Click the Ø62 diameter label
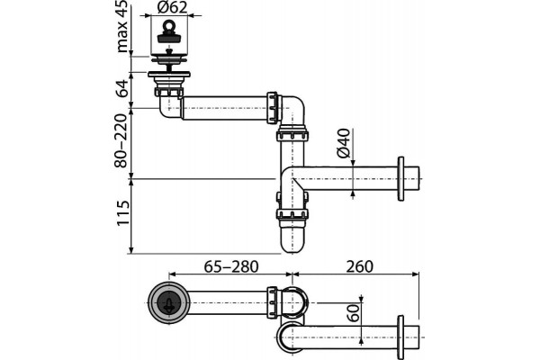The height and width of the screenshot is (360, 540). pyautogui.click(x=172, y=7)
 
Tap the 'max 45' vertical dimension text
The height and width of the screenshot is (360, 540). pyautogui.click(x=121, y=26)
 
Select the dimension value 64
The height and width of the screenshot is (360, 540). pyautogui.click(x=121, y=88)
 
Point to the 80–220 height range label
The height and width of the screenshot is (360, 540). pyautogui.click(x=121, y=141)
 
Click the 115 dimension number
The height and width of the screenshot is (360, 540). pyautogui.click(x=122, y=213)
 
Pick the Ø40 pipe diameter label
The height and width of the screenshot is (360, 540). pyautogui.click(x=344, y=143)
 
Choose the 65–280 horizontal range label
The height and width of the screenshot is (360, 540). pyautogui.click(x=231, y=266)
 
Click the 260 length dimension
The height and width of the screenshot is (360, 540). pyautogui.click(x=359, y=266)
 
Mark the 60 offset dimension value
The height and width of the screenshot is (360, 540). pyautogui.click(x=354, y=312)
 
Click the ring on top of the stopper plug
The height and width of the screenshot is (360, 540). pyautogui.click(x=168, y=25)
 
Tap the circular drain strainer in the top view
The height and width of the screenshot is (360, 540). pyautogui.click(x=169, y=302)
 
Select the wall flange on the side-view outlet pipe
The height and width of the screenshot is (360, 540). pyautogui.click(x=400, y=179)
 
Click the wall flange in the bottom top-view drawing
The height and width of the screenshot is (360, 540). pyautogui.click(x=400, y=337)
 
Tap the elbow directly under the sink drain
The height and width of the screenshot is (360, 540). pyautogui.click(x=170, y=107)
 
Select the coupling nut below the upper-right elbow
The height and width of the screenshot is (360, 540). pyautogui.click(x=292, y=133)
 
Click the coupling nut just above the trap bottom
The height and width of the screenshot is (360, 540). pyautogui.click(x=292, y=214)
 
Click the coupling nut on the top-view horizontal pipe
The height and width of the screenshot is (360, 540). pyautogui.click(x=272, y=302)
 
